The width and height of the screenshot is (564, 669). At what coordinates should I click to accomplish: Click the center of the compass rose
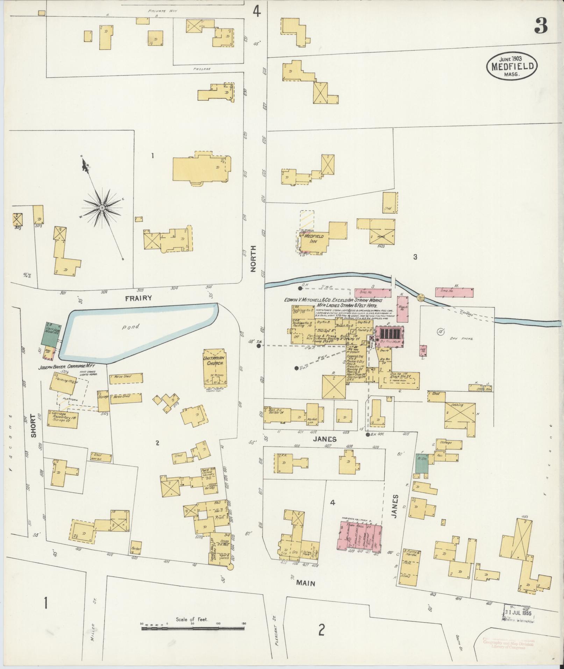[x=102, y=208]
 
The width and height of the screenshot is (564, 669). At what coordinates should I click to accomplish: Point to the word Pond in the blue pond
[x=130, y=327]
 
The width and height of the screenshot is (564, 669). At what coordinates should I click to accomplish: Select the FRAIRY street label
[x=139, y=298]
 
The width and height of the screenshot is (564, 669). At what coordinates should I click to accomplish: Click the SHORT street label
[x=34, y=426]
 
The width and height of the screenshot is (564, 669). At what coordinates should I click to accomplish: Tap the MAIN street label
[x=306, y=583]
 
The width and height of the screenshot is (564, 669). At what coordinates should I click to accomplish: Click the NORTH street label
[x=254, y=258]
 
